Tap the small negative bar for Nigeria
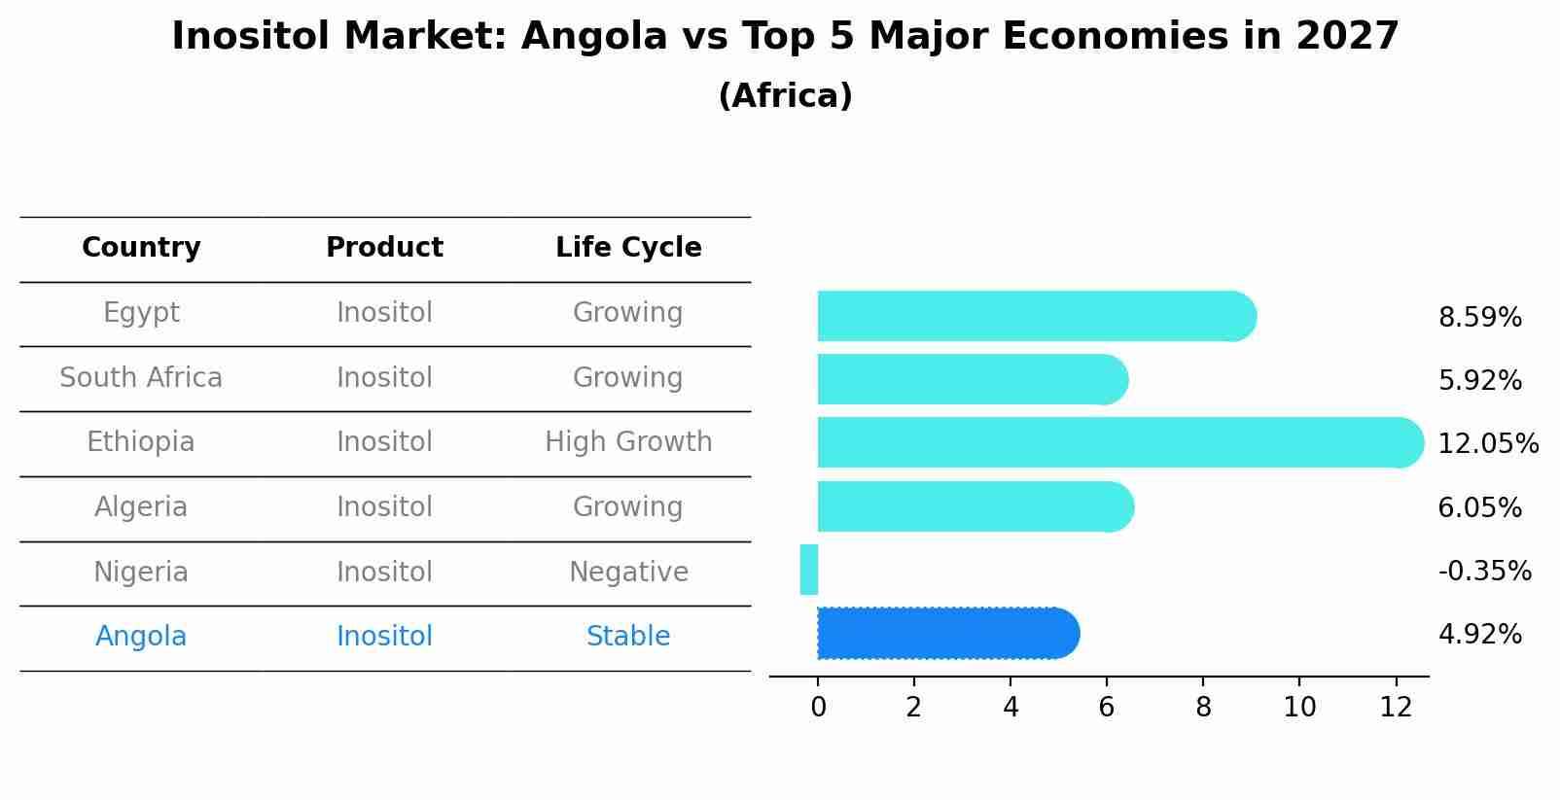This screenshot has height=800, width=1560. point(809,570)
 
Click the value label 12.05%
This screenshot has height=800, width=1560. point(1487,444)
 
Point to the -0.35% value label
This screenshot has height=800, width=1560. point(1484,572)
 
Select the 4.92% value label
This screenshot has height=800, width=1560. point(1479,635)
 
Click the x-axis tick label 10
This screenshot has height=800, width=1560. point(1298,708)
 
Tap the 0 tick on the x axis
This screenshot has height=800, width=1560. point(818,708)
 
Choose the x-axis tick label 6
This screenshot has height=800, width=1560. point(1106,708)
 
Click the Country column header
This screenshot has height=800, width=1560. point(141,248)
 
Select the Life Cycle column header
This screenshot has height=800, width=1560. point(628,248)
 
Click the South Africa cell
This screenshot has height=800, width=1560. point(141,378)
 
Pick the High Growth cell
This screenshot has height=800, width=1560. point(628,442)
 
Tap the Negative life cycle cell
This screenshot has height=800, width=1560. point(628,573)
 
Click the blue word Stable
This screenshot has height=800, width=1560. point(628,637)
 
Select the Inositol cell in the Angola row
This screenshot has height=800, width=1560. point(384,637)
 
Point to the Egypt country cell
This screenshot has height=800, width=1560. point(141,313)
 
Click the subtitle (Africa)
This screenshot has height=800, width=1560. point(785,96)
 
